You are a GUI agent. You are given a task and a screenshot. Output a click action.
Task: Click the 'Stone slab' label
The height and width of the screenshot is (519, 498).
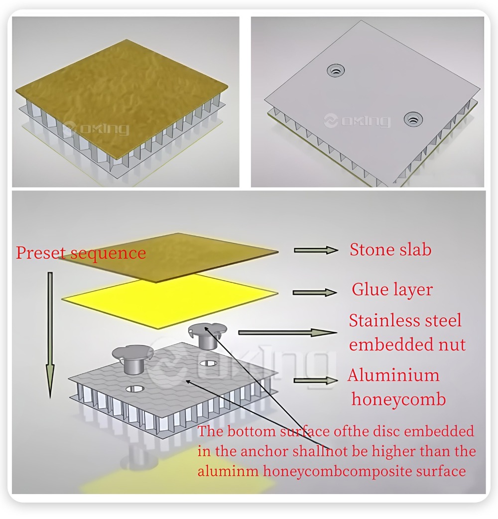point(390,250)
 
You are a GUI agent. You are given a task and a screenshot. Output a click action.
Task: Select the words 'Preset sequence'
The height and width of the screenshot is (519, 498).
point(81,253)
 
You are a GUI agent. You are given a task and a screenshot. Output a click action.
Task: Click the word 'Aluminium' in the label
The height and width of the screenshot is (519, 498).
point(393,376)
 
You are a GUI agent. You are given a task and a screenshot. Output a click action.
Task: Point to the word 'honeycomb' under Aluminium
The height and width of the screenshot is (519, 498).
point(399,399)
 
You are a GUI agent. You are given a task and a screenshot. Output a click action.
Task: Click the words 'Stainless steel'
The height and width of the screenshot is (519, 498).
point(405,320)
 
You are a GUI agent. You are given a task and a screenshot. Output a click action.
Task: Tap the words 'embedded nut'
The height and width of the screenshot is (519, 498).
point(407,344)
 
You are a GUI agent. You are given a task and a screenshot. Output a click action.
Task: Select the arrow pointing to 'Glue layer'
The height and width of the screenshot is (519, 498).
point(315,292)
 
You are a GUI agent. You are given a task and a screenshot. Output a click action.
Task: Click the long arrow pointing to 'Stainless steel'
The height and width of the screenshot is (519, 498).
point(288,333)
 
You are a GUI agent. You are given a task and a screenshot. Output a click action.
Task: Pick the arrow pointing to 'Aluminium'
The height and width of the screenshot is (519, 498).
point(316,381)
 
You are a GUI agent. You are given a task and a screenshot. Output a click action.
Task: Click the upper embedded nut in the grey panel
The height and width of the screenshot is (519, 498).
point(336,70)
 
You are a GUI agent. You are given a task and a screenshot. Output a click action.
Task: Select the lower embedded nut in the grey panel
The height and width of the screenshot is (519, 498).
point(413,118)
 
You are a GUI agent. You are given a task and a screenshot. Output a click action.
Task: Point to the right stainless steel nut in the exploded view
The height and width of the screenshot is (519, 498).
point(207,335)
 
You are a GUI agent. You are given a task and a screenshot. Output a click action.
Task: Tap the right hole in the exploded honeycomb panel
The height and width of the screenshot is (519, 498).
point(209,364)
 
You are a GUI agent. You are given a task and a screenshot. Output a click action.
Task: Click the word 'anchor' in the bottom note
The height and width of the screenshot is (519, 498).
point(264,451)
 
